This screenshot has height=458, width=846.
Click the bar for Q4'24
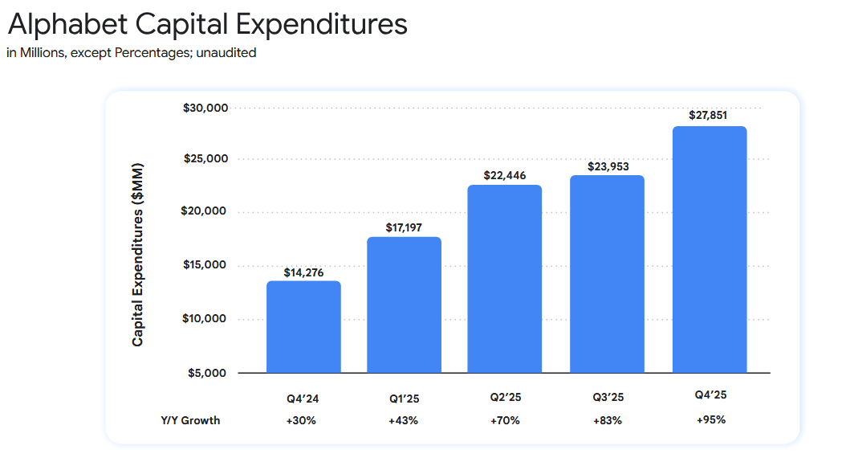coord(303,327)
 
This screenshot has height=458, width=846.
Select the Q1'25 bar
coord(404,305)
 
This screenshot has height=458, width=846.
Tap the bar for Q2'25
coord(504,279)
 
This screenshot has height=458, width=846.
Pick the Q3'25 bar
coord(607,274)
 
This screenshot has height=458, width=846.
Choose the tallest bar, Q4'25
coord(710,250)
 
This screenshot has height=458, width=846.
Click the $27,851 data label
coord(709,116)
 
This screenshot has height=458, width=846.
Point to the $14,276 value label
coord(303,272)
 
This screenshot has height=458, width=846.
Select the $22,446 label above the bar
coord(504,175)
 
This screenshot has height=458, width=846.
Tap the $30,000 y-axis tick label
coord(206,108)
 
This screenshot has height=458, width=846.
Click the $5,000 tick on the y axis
coord(209,373)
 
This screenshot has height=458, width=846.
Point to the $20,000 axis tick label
coord(206,212)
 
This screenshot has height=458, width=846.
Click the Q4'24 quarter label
coord(303,398)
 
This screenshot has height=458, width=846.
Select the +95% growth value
coord(710,419)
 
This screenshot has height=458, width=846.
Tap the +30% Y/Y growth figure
coord(303,421)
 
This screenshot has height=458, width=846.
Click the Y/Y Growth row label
coord(190,421)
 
